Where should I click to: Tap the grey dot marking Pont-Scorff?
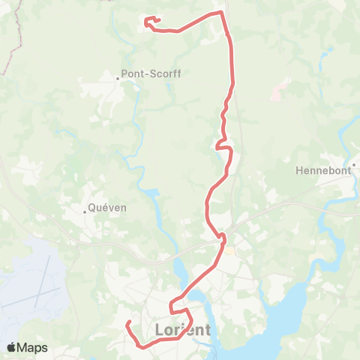[119, 75]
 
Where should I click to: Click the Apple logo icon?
[12, 347]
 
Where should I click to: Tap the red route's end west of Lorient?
[128, 322]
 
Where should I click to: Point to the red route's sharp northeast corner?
[222, 12]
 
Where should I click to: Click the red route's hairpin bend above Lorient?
[172, 307]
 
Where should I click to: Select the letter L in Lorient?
[158, 330]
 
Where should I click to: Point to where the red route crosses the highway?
[222, 238]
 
